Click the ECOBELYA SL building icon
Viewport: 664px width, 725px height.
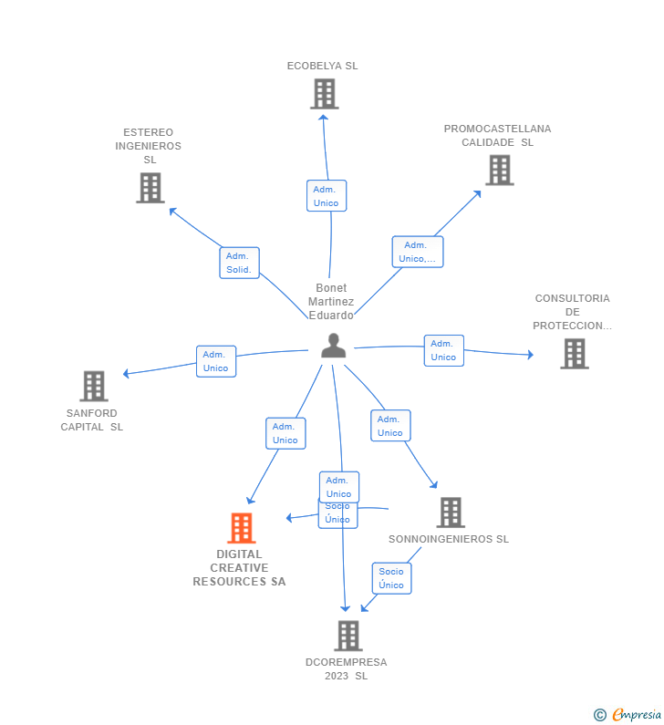click(x=324, y=94)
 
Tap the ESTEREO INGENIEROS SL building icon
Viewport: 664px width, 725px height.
click(x=150, y=188)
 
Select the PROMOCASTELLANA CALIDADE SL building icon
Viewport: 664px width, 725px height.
click(x=500, y=171)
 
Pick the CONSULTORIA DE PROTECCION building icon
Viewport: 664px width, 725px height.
click(x=575, y=354)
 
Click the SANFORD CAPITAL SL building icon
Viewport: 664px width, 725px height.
click(x=94, y=386)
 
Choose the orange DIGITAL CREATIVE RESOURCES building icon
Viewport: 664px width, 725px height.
click(x=242, y=528)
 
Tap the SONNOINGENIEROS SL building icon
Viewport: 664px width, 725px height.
click(x=451, y=513)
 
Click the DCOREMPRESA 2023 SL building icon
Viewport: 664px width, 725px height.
click(x=348, y=636)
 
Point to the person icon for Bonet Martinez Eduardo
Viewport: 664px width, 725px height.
click(x=334, y=346)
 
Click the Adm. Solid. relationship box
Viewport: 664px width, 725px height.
click(x=239, y=263)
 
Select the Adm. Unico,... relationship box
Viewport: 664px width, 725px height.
click(x=418, y=252)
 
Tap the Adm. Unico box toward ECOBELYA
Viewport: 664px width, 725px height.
click(x=327, y=195)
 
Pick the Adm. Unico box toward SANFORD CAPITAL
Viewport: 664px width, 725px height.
click(x=216, y=361)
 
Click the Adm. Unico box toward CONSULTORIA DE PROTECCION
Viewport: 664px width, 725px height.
click(x=444, y=350)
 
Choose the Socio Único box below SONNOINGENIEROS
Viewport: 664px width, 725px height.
click(x=391, y=578)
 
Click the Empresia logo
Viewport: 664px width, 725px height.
click(x=637, y=714)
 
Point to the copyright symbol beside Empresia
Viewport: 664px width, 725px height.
click(x=600, y=715)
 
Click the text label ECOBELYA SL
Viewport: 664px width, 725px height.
click(x=322, y=66)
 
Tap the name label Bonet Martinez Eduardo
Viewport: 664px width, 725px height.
click(x=331, y=302)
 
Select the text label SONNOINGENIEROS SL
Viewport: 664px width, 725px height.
click(x=449, y=539)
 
